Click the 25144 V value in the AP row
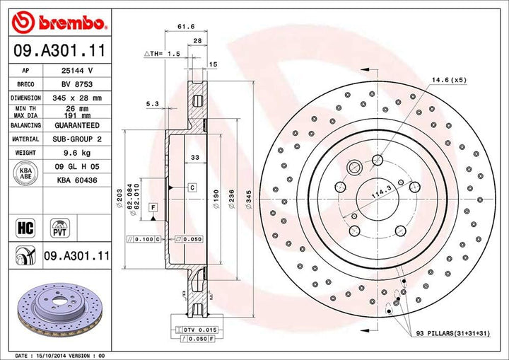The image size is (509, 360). (x=77, y=71)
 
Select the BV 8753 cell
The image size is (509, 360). (x=77, y=83)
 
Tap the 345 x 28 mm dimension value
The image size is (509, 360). (x=77, y=98)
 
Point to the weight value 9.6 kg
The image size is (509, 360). (x=77, y=152)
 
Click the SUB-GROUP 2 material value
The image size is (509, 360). (x=77, y=139)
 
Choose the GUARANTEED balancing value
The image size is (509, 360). (x=77, y=124)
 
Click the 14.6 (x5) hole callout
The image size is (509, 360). (x=450, y=80)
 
